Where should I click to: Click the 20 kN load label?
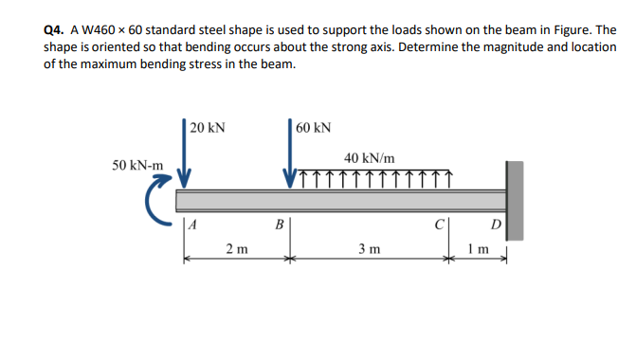(x=207, y=127)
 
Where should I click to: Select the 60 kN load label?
(x=313, y=127)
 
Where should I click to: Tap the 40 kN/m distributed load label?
(x=370, y=157)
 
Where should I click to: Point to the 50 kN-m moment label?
(x=137, y=165)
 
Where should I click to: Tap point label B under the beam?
(x=279, y=225)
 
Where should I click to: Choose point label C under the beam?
(x=438, y=225)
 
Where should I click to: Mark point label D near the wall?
(x=494, y=225)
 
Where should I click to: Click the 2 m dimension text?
(x=237, y=249)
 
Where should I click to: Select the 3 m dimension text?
(x=369, y=249)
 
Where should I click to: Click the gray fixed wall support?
(x=514, y=199)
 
